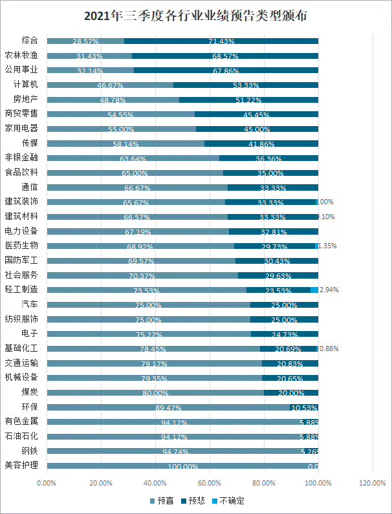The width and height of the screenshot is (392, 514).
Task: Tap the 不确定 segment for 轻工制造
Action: point(314,290)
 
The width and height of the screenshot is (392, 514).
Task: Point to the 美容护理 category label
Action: point(21,465)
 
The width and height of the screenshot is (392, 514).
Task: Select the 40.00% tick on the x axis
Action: point(155,483)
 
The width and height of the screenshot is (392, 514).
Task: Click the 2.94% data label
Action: point(329,290)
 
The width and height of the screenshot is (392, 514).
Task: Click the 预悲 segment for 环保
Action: point(304,407)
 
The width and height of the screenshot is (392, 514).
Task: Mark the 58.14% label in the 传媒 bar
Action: point(126,144)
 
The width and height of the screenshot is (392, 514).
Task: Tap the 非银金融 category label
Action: point(21,158)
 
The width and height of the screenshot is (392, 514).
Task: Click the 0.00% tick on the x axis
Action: point(47,483)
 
